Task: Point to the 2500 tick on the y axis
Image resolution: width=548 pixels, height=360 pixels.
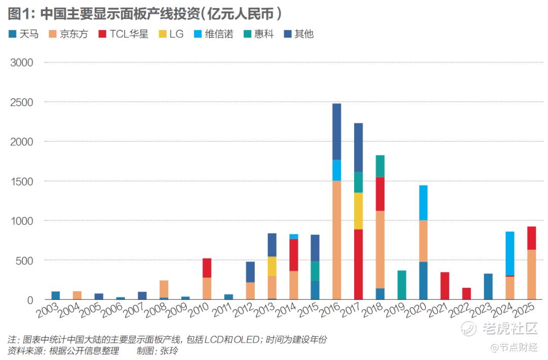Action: pos(22,102)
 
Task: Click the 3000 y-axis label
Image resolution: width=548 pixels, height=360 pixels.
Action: pos(22,62)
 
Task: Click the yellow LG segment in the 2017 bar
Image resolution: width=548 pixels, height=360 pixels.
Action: pos(358,211)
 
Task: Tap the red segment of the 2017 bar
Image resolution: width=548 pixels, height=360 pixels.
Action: pos(358,264)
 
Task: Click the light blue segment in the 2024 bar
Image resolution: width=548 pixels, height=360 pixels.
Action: pos(510,253)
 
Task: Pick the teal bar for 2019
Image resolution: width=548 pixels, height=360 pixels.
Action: pos(401,285)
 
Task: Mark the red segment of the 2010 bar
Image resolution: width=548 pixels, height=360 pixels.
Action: pos(207,268)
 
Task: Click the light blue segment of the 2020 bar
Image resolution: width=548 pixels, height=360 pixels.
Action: pos(423,203)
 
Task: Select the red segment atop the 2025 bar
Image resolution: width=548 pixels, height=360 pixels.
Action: pos(531,238)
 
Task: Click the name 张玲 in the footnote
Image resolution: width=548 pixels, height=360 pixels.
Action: pos(169,351)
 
